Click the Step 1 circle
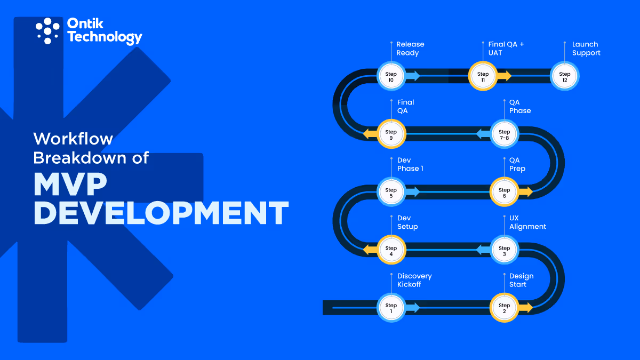click(391, 308)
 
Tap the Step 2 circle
click(504, 308)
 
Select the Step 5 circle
click(391, 193)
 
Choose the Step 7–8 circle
click(504, 134)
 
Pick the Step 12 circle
click(564, 77)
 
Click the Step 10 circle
click(391, 77)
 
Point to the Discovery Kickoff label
click(414, 280)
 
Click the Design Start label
click(521, 280)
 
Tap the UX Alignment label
click(527, 222)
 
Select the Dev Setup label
click(407, 222)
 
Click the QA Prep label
click(517, 164)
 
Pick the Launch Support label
click(586, 49)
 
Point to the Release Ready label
click(410, 49)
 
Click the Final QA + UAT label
click(506, 49)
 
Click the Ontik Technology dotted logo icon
click(47, 30)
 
